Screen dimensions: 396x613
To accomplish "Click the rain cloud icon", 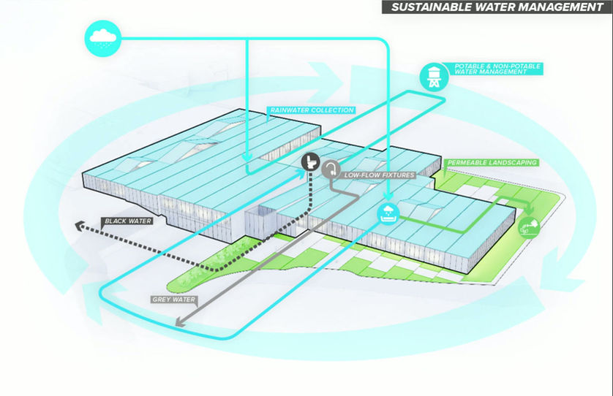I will click(102, 37).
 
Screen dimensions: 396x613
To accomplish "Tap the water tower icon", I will click(435, 75).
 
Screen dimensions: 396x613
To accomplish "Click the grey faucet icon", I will click(332, 170).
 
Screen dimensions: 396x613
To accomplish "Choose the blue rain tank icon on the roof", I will click(387, 213).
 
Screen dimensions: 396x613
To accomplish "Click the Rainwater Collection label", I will click(311, 111).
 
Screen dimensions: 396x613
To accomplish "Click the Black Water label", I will click(126, 221).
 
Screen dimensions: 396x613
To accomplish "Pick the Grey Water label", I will click(173, 300).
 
